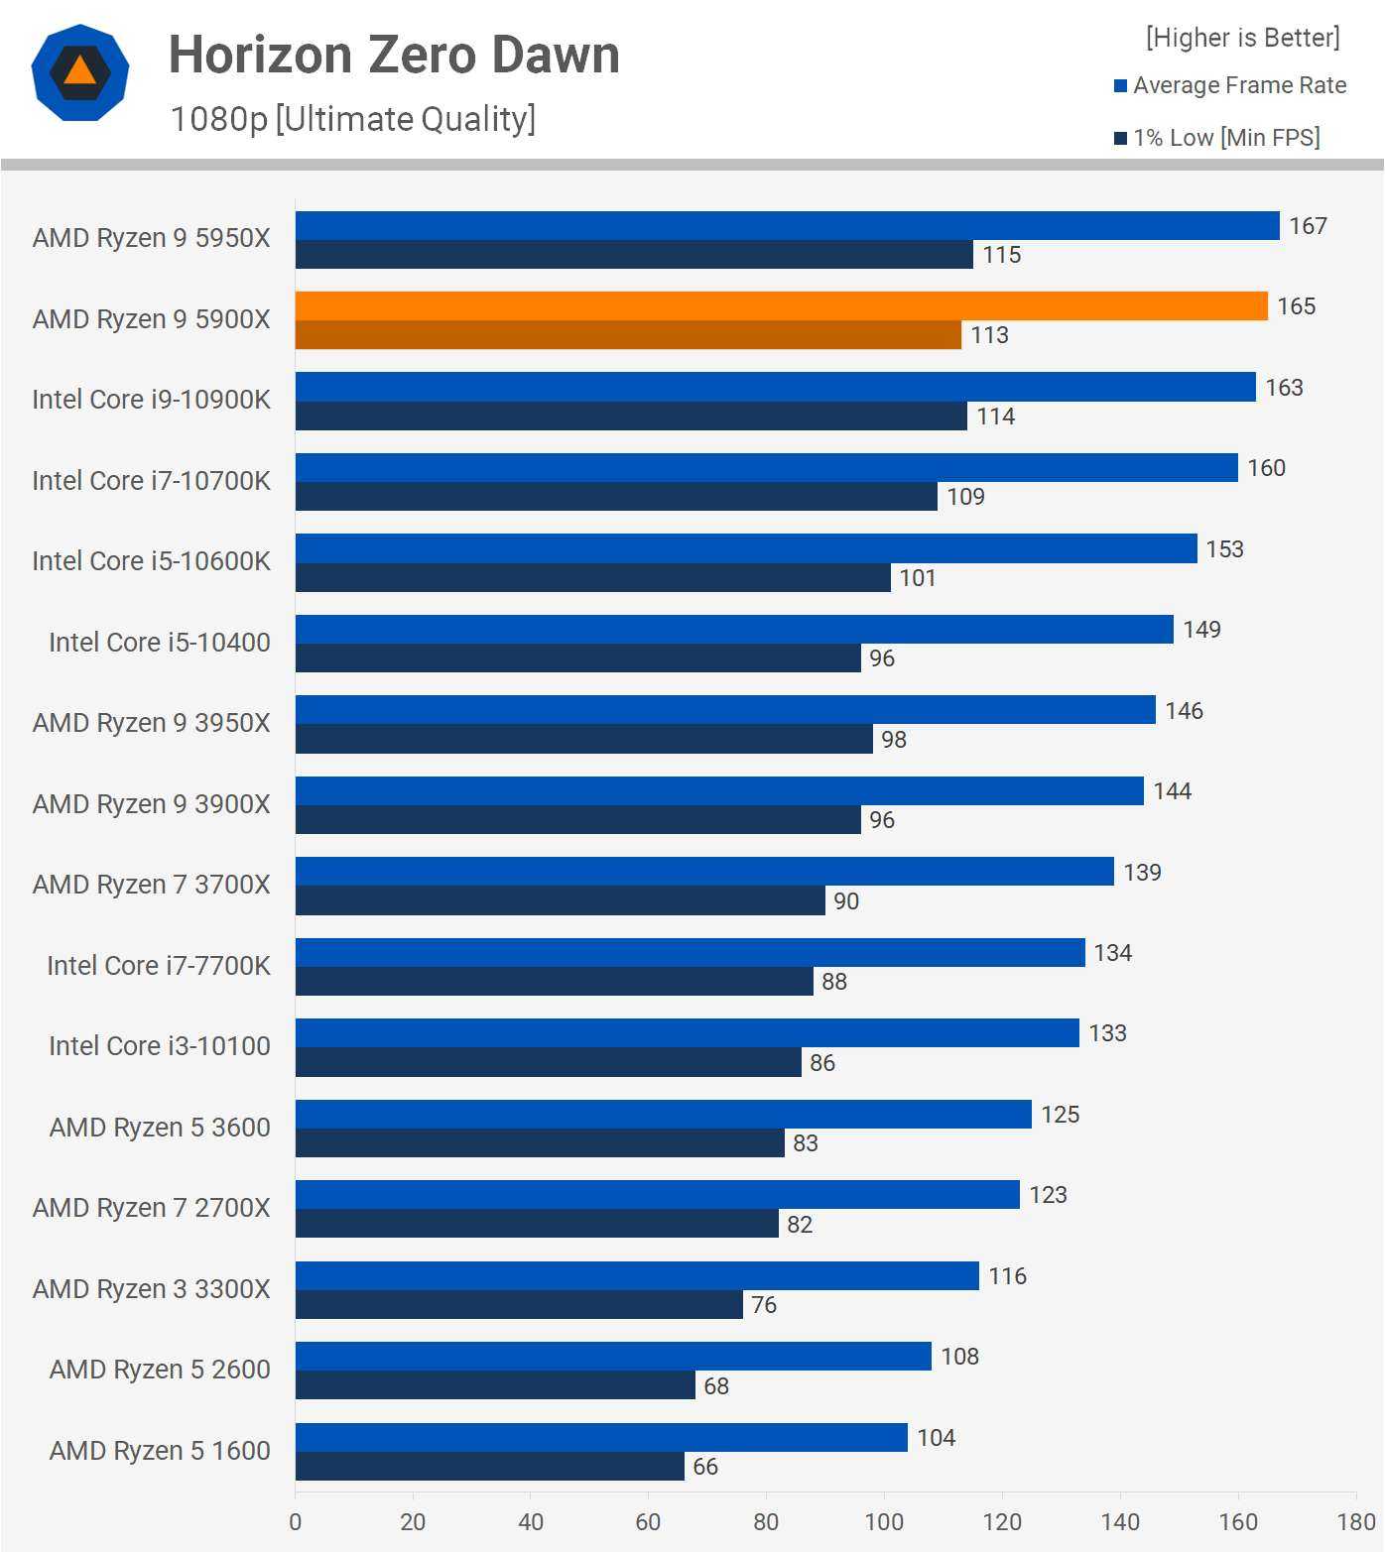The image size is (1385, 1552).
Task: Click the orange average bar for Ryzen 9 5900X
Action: (781, 306)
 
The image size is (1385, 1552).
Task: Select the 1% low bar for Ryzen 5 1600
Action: (489, 1467)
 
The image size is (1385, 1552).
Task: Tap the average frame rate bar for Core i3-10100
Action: (687, 1033)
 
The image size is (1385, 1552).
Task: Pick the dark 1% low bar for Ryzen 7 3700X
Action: (560, 900)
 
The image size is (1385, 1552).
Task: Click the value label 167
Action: (1308, 226)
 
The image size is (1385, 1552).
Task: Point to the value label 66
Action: (705, 1467)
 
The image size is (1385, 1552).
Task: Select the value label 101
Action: (918, 578)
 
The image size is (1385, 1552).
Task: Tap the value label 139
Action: (1142, 873)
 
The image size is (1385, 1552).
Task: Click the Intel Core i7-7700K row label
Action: (159, 966)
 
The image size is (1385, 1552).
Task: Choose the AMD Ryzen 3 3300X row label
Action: (152, 1289)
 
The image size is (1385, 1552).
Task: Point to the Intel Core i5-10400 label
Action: (160, 643)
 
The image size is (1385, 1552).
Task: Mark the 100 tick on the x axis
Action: (884, 1522)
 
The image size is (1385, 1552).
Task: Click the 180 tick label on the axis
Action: (1356, 1522)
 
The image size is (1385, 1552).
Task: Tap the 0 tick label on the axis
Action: (295, 1522)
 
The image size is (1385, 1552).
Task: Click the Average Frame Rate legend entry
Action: (1230, 85)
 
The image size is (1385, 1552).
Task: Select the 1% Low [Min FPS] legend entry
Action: (1217, 138)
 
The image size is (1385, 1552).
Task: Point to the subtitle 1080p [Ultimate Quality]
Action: (353, 119)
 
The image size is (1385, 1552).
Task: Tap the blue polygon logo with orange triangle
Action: (80, 72)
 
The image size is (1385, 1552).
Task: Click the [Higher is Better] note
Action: (1242, 38)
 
